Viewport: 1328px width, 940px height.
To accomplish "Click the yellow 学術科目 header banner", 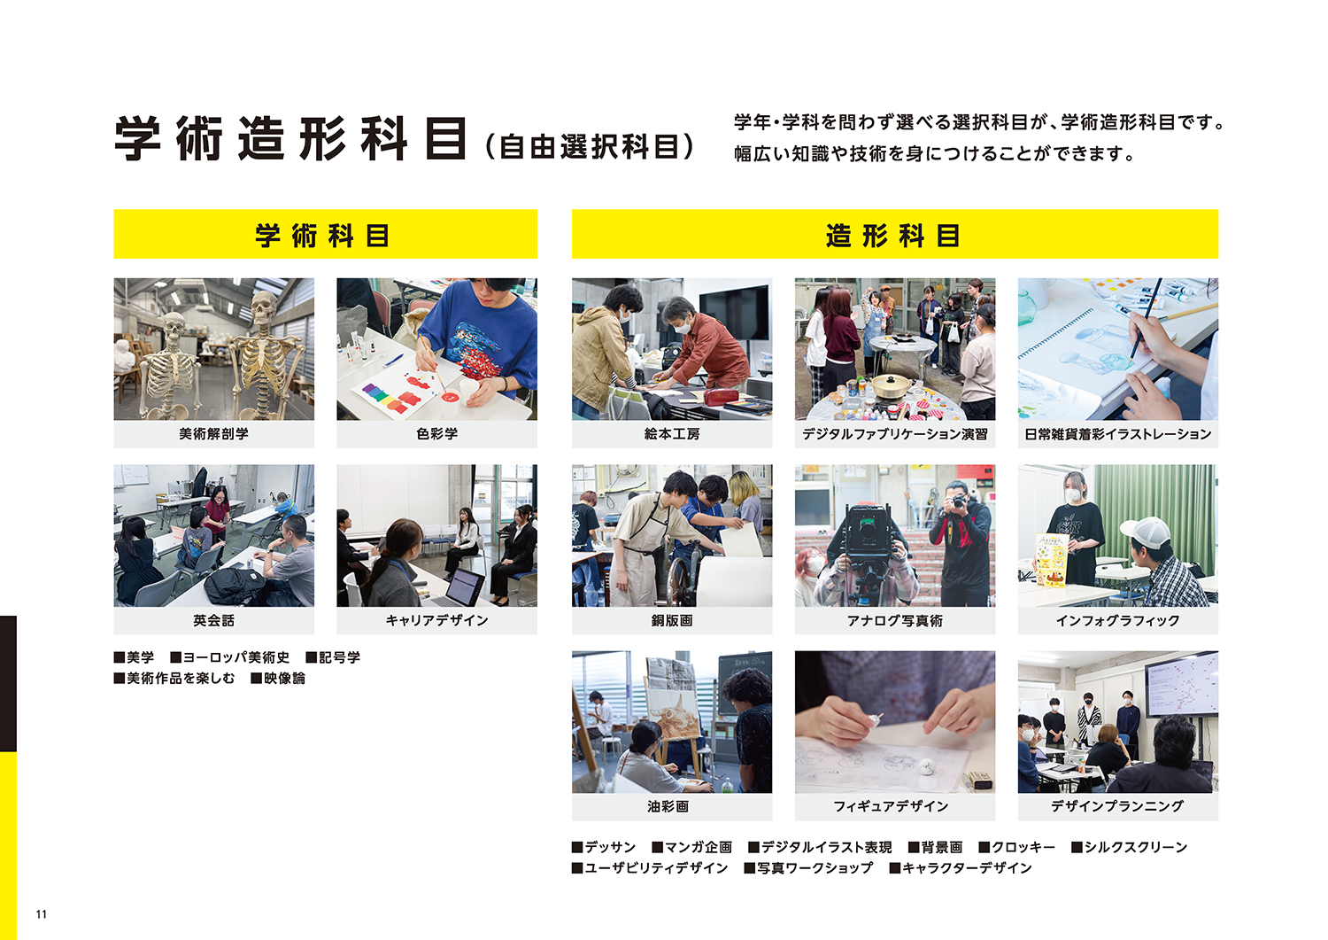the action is [x=326, y=234].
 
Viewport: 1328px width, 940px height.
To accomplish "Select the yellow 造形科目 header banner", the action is [x=894, y=234].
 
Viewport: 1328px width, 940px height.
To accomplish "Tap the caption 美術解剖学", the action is [x=214, y=434].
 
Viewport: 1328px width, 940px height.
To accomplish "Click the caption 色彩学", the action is [x=437, y=434].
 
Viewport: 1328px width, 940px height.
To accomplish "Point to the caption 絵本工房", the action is [x=672, y=434].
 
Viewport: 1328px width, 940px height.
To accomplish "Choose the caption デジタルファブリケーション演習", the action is [x=894, y=434].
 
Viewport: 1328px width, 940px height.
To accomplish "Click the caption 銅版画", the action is [x=672, y=620].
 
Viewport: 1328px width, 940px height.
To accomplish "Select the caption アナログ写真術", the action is [x=894, y=620].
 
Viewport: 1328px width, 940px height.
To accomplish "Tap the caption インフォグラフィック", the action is [x=1117, y=620].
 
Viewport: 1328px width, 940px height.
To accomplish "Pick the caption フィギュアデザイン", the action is [x=891, y=806].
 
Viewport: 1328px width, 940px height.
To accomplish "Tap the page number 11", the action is [x=41, y=914].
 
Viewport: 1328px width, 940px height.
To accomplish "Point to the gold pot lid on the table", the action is [x=887, y=384].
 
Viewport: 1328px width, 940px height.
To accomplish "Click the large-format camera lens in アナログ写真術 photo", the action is [x=868, y=525].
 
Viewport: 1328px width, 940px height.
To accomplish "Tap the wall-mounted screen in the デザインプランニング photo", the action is [x=1181, y=684].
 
